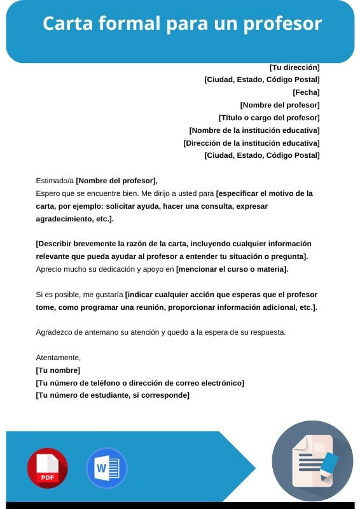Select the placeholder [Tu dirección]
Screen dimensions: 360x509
[x=294, y=67]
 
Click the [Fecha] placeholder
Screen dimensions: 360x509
[x=306, y=92]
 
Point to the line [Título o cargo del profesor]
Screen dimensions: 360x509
[x=269, y=118]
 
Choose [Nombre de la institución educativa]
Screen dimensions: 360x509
[x=254, y=130]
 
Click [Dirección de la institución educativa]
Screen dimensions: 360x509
[x=251, y=143]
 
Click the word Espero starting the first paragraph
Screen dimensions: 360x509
[x=48, y=193]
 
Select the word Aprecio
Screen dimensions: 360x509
[x=50, y=269]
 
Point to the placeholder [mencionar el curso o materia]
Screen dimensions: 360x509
[x=232, y=269]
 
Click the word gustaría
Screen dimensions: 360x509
[x=108, y=295]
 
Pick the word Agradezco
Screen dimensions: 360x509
[x=55, y=332]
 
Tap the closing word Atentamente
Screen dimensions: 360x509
[x=58, y=358]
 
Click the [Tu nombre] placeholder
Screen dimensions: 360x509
[x=58, y=370]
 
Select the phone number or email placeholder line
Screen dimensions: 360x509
[x=140, y=383]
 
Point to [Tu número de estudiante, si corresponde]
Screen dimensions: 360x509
[x=113, y=395]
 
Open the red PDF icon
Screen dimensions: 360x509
[x=47, y=468]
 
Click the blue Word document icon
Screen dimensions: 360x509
[x=106, y=468]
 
